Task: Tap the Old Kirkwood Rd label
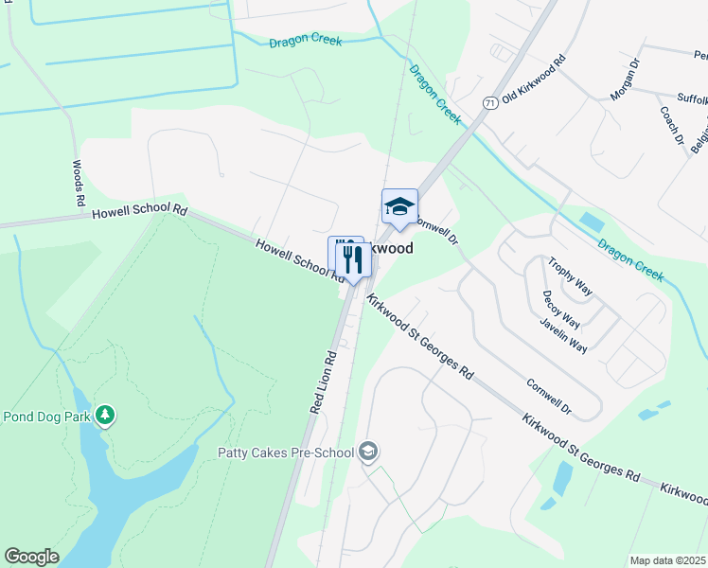pyautogui.click(x=534, y=80)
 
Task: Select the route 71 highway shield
pyautogui.click(x=489, y=102)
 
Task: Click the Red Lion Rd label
pyautogui.click(x=324, y=383)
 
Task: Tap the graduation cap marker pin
pyautogui.click(x=399, y=206)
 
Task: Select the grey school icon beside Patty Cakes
pyautogui.click(x=367, y=452)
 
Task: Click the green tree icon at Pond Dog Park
pyautogui.click(x=106, y=416)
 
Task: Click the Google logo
pyautogui.click(x=31, y=557)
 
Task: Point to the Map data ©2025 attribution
pyautogui.click(x=667, y=560)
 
